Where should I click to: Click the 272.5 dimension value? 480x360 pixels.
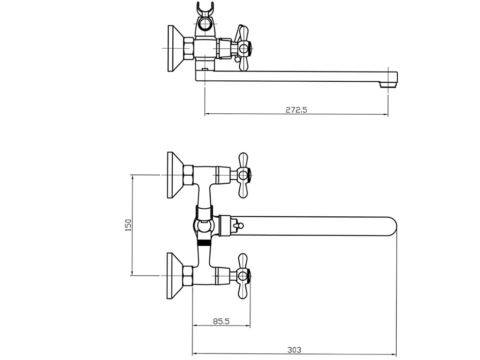click(x=296, y=109)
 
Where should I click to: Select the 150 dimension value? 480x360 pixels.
click(x=129, y=225)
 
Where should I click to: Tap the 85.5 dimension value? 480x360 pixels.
click(x=221, y=321)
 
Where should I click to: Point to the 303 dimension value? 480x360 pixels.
click(x=294, y=349)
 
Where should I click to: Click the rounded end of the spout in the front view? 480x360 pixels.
click(x=392, y=226)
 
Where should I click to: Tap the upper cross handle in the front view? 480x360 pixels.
click(x=243, y=175)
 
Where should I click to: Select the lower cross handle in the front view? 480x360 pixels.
click(x=243, y=276)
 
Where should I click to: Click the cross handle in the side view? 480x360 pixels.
click(x=243, y=48)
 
